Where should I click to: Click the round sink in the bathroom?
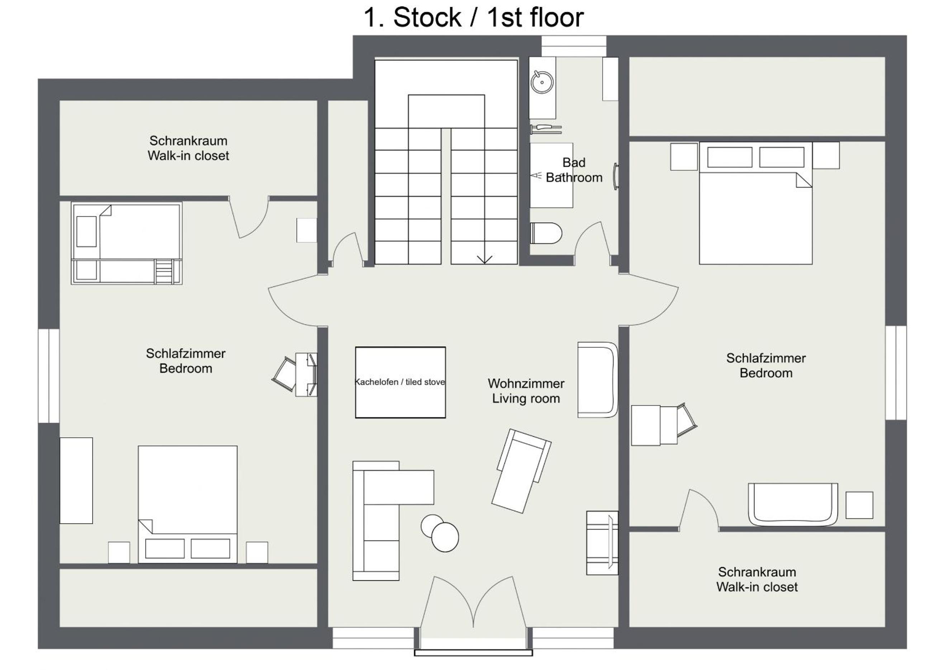[x=542, y=82]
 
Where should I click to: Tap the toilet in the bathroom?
[x=546, y=233]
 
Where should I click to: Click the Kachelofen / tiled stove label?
[x=400, y=382]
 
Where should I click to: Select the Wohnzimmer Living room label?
[x=526, y=391]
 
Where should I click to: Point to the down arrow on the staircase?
[x=484, y=259]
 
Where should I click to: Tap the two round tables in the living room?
[x=440, y=533]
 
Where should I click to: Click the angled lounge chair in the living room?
[x=521, y=471]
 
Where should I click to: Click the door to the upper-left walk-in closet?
[x=249, y=217]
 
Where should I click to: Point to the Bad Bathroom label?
[x=574, y=170]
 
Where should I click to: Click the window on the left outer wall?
[x=49, y=376]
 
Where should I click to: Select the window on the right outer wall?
[x=896, y=373]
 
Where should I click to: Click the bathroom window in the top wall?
[x=574, y=46]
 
